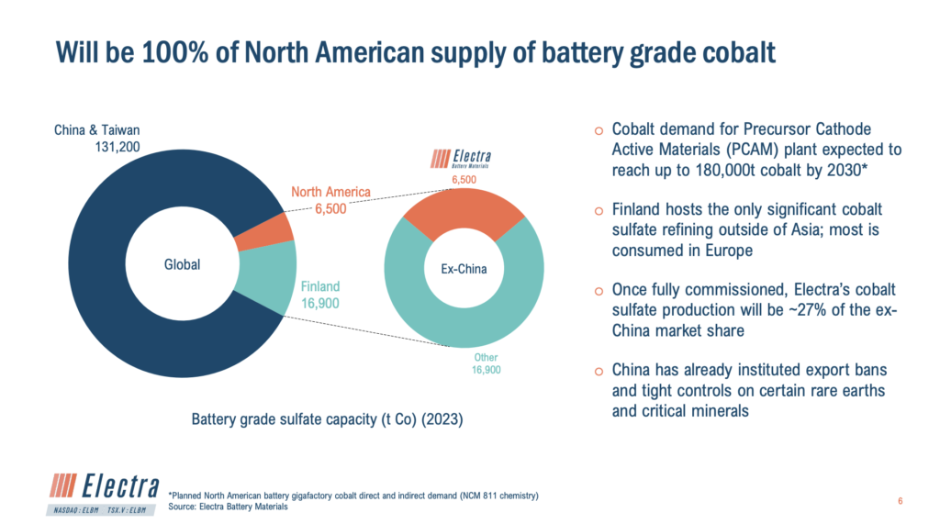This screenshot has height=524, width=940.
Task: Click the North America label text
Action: (330, 192)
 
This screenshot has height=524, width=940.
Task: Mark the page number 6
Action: (900, 501)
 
